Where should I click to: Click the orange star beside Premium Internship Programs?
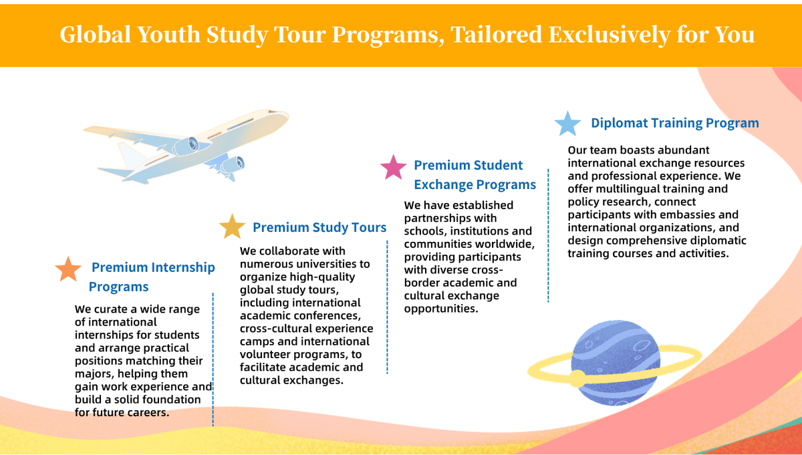pyautogui.click(x=68, y=269)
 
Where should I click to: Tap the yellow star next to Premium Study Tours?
pyautogui.click(x=232, y=226)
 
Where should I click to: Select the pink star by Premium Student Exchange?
pyautogui.click(x=393, y=167)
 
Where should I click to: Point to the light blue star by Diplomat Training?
pyautogui.click(x=567, y=124)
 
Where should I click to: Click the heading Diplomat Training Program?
pyautogui.click(x=675, y=123)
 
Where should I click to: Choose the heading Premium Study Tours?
pyautogui.click(x=319, y=227)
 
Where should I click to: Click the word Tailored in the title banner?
pyautogui.click(x=496, y=34)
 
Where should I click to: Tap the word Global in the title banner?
pyautogui.click(x=95, y=34)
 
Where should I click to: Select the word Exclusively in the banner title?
pyautogui.click(x=610, y=35)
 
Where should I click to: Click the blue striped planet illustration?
pyautogui.click(x=615, y=363)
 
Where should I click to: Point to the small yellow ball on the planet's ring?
pyautogui.click(x=577, y=379)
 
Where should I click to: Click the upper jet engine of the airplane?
pyautogui.click(x=187, y=146)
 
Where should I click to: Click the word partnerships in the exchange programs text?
pyautogui.click(x=436, y=218)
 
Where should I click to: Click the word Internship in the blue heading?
pyautogui.click(x=183, y=267)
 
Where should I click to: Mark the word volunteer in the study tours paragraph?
pyautogui.click(x=260, y=354)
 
